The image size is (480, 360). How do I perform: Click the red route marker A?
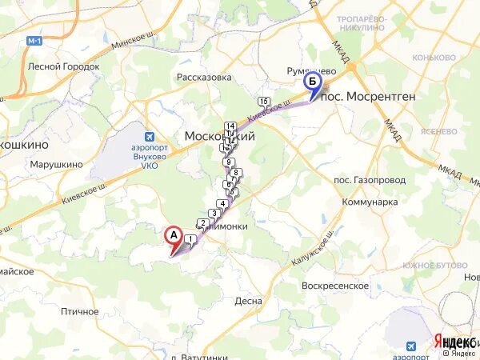pos(172,236)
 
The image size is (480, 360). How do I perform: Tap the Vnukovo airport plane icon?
pos(148,137)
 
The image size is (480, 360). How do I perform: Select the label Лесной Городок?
pos(63,66)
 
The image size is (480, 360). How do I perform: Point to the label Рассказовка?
pos(204,78)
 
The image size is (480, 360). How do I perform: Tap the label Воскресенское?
pos(335,286)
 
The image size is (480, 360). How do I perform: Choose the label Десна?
pos(248,302)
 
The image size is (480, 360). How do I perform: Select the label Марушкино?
pos(56,165)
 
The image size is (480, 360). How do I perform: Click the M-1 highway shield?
pos(33,40)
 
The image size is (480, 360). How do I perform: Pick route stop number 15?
pos(263,101)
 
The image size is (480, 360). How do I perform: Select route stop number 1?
pos(190,239)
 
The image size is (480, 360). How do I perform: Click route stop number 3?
pos(214,214)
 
